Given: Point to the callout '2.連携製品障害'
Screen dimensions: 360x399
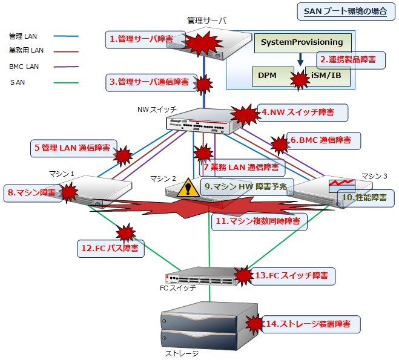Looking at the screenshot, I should point(348,59).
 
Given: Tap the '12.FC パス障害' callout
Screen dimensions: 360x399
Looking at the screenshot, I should point(113,248).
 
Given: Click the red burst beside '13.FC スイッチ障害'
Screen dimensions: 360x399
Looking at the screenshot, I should point(243,276).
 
